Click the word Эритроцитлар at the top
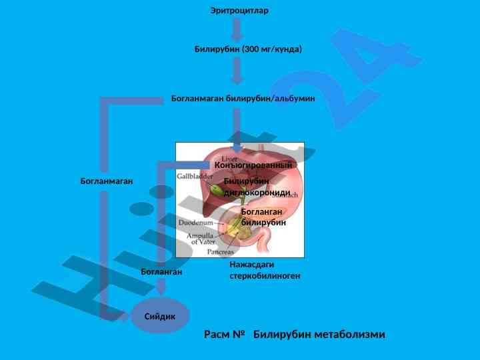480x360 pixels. pyautogui.click(x=239, y=11)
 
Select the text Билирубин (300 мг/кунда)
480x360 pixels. pyautogui.click(x=248, y=49)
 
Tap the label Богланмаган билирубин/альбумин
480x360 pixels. pyautogui.click(x=243, y=99)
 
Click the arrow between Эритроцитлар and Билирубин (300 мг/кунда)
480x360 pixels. pyautogui.click(x=237, y=30)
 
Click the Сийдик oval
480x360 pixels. pyautogui.click(x=160, y=316)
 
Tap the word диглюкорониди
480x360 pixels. pyautogui.click(x=257, y=193)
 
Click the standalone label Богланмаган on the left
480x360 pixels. pyautogui.click(x=107, y=181)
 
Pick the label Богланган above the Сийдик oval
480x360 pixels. pyautogui.click(x=161, y=272)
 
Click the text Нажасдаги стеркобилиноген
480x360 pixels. pyautogui.click(x=265, y=270)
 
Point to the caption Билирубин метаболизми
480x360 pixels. pyautogui.click(x=319, y=334)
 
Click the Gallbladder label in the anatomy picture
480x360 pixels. pyautogui.click(x=195, y=177)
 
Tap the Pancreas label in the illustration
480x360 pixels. pyautogui.click(x=221, y=252)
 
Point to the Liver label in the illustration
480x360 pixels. pyautogui.click(x=229, y=159)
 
